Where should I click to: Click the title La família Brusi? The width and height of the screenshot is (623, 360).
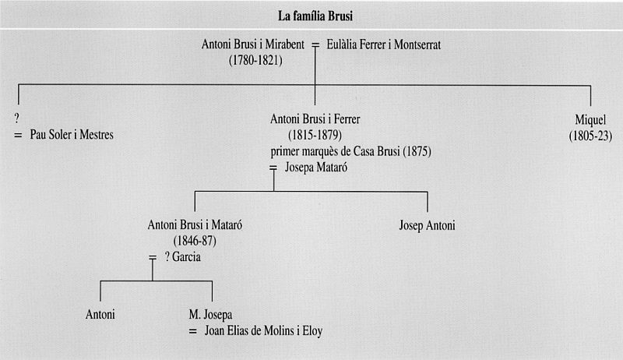315,16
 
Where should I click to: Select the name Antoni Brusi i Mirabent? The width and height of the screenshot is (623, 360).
252,44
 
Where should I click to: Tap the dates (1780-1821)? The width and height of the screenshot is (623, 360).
255,61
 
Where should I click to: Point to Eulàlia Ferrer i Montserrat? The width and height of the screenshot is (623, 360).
383,44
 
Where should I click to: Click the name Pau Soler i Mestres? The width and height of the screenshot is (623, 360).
72,135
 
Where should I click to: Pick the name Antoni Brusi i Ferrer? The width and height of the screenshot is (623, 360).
315,118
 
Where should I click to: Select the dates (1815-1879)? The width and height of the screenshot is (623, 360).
315,135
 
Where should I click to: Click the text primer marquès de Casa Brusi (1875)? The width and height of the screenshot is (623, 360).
351,151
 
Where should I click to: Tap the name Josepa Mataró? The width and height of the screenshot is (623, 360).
316,168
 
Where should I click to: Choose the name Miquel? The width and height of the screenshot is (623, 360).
590,119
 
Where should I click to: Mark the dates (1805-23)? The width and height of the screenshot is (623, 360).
590,136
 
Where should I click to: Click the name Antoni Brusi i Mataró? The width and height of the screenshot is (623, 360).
195,225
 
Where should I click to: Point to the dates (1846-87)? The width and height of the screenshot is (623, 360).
195,241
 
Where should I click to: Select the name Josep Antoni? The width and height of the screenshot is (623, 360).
427,225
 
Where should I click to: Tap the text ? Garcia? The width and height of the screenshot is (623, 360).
183,256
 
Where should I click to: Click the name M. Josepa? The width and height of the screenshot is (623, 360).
210,315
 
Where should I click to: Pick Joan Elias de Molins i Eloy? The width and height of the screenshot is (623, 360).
263,330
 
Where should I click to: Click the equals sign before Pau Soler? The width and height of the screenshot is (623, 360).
18,136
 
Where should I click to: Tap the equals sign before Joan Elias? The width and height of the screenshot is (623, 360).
192,331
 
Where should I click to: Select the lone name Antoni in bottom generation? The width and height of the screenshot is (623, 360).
100,314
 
